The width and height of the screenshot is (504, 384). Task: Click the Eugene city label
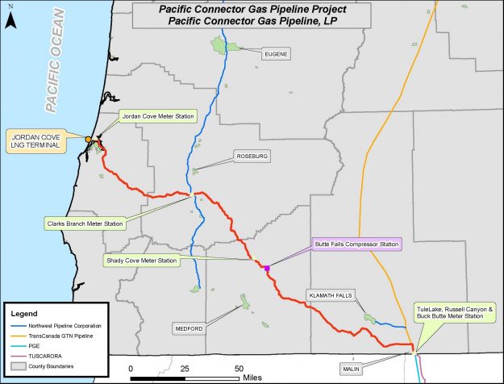point(274,54)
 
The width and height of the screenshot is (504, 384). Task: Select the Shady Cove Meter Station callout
point(141,261)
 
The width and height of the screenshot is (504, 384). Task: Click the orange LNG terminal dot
point(89,140)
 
